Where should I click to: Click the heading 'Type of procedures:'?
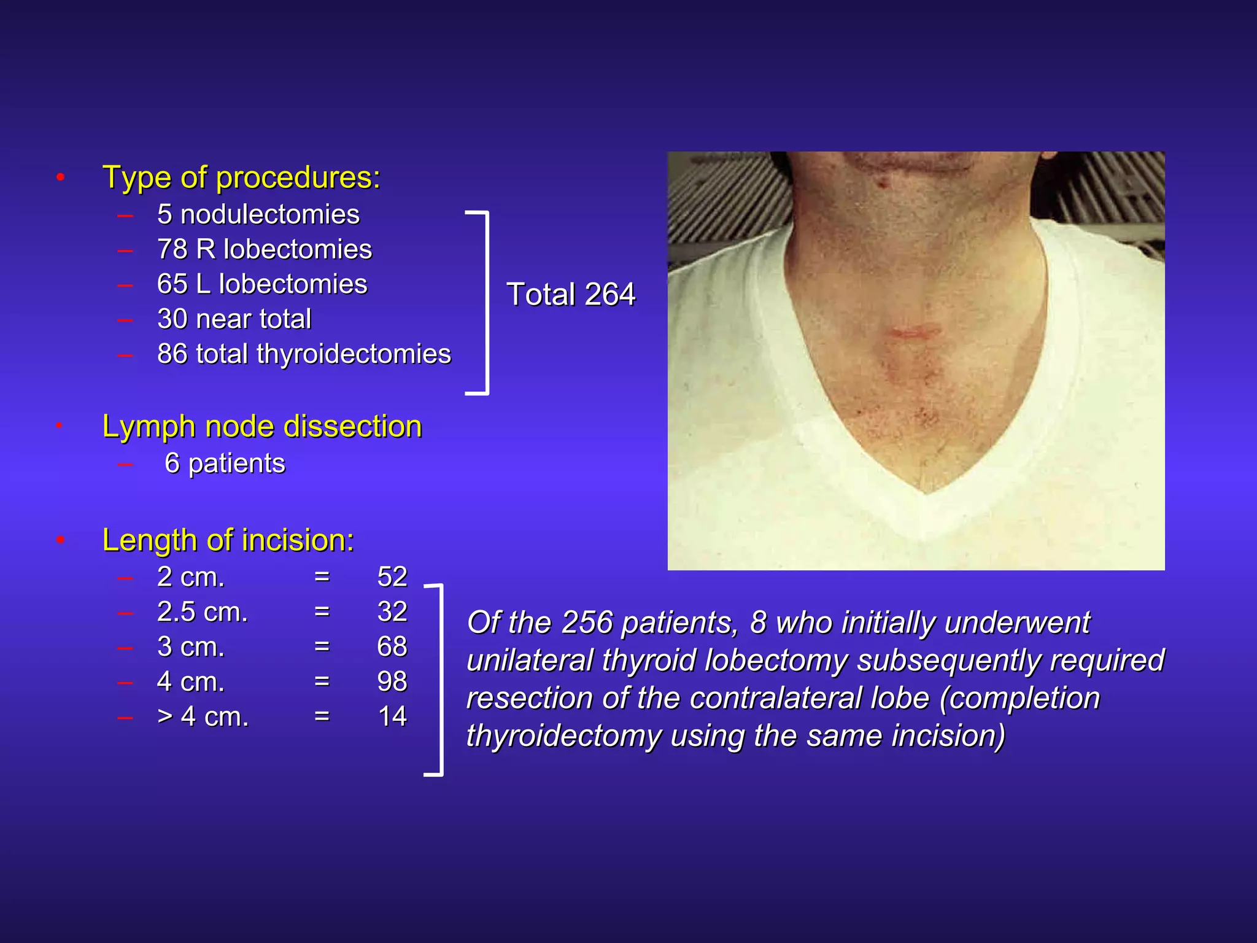[241, 177]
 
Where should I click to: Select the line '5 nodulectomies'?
[258, 214]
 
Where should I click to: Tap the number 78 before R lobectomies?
[172, 249]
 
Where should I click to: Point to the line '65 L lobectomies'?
[262, 284]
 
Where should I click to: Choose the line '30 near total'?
[234, 319]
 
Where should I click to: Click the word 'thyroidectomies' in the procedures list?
[354, 354]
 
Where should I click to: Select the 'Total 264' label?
[571, 294]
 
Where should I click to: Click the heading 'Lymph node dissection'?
[262, 426]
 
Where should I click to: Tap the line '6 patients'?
[225, 464]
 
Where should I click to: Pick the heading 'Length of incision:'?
[228, 540]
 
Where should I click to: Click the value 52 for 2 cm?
[392, 576]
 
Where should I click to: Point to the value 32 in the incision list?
[392, 611]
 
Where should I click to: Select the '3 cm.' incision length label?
[191, 646]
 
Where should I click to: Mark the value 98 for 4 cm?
[392, 681]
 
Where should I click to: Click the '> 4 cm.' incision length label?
[203, 716]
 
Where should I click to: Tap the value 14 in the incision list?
[392, 716]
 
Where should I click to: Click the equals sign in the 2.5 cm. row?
[322, 611]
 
